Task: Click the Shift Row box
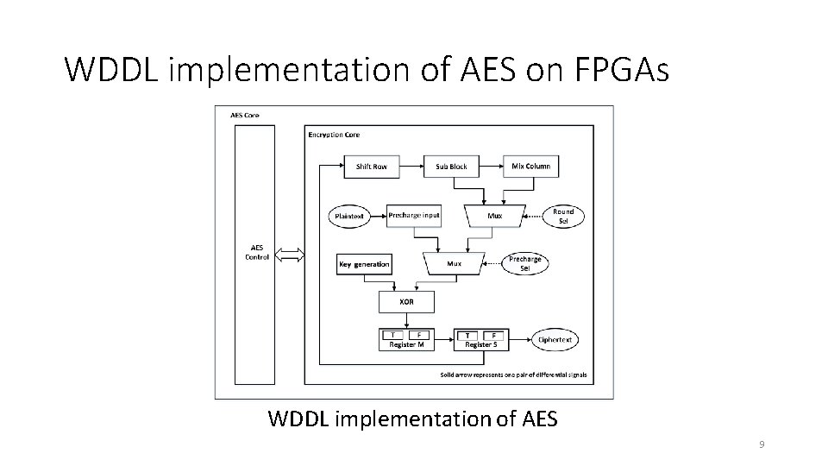[371, 167]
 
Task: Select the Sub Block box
[451, 167]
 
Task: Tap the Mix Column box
[530, 167]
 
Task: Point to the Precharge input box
[413, 216]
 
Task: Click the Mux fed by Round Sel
[494, 216]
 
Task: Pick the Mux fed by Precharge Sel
[454, 263]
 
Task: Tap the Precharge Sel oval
[524, 263]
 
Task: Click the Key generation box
[364, 264]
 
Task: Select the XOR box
[405, 302]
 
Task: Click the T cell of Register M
[393, 335]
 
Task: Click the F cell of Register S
[493, 335]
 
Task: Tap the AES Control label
[257, 253]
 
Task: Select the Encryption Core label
[334, 135]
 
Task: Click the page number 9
[762, 444]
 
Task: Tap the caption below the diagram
[413, 419]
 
